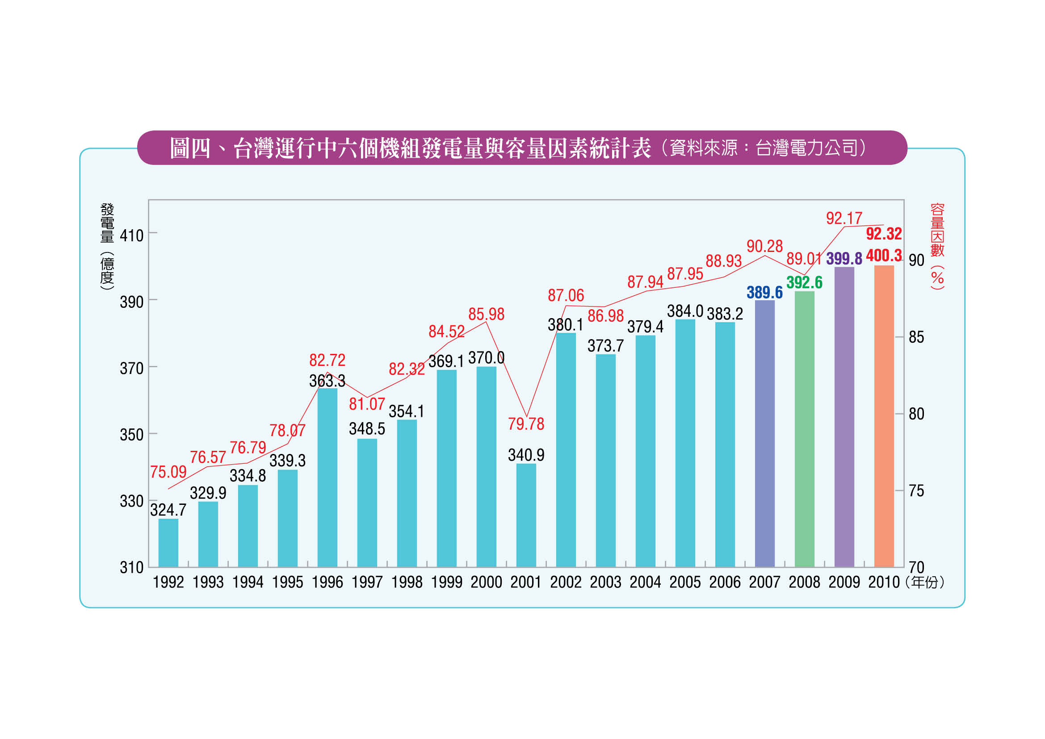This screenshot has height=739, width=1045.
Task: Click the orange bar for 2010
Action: pyautogui.click(x=884, y=416)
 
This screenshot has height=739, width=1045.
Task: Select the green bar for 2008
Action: pyautogui.click(x=804, y=429)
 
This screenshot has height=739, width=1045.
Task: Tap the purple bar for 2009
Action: pyautogui.click(x=844, y=417)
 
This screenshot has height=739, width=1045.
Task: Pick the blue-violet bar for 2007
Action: pyautogui.click(x=764, y=434)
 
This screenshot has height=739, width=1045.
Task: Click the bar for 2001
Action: pyautogui.click(x=526, y=515)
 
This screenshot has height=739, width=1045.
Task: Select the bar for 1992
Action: pyautogui.click(x=168, y=543)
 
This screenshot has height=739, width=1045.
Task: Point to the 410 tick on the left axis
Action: pyautogui.click(x=131, y=236)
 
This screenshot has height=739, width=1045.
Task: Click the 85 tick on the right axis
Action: pyautogui.click(x=916, y=337)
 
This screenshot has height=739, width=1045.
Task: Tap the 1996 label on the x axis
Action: pyautogui.click(x=327, y=583)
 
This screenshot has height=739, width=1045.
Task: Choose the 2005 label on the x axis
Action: pyautogui.click(x=685, y=583)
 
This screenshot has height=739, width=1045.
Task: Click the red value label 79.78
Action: pyautogui.click(x=526, y=424)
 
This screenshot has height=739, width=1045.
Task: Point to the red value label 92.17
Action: pyautogui.click(x=844, y=218)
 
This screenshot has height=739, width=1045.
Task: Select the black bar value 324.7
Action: pyautogui.click(x=168, y=510)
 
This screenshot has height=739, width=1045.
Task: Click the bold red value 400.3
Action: pyautogui.click(x=884, y=256)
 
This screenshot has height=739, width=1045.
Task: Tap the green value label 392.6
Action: pyautogui.click(x=804, y=282)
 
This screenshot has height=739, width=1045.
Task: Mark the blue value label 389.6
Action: pyautogui.click(x=764, y=293)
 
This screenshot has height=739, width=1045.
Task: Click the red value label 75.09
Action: pyautogui.click(x=168, y=472)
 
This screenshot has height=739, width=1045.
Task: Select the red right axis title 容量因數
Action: pyautogui.click(x=937, y=230)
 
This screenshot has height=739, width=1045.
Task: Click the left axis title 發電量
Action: pyautogui.click(x=107, y=223)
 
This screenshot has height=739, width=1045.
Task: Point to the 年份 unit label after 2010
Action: pyautogui.click(x=925, y=583)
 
